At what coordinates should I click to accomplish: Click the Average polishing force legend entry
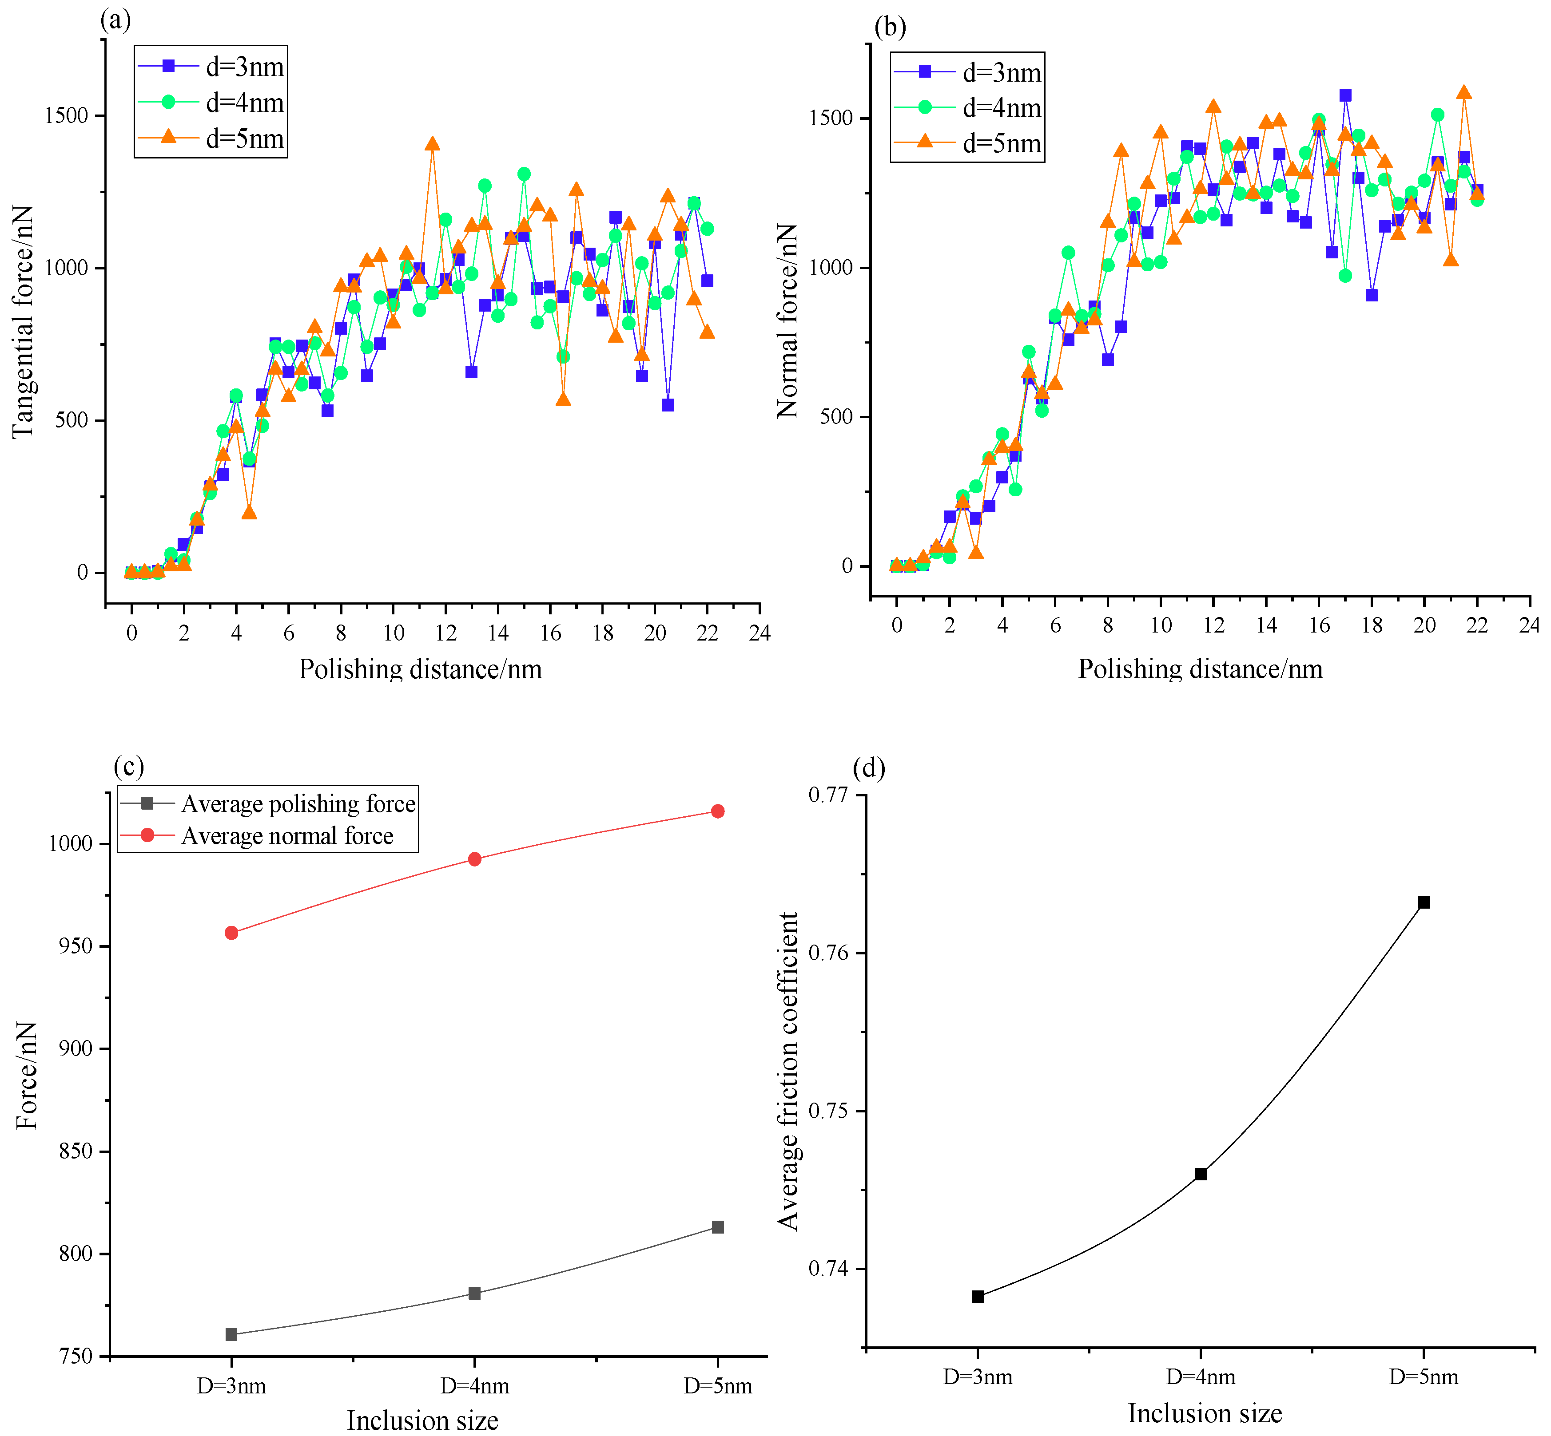pyautogui.click(x=268, y=803)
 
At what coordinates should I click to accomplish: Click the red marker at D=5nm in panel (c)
pyautogui.click(x=718, y=811)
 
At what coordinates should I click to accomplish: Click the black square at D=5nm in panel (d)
pyautogui.click(x=1424, y=902)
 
